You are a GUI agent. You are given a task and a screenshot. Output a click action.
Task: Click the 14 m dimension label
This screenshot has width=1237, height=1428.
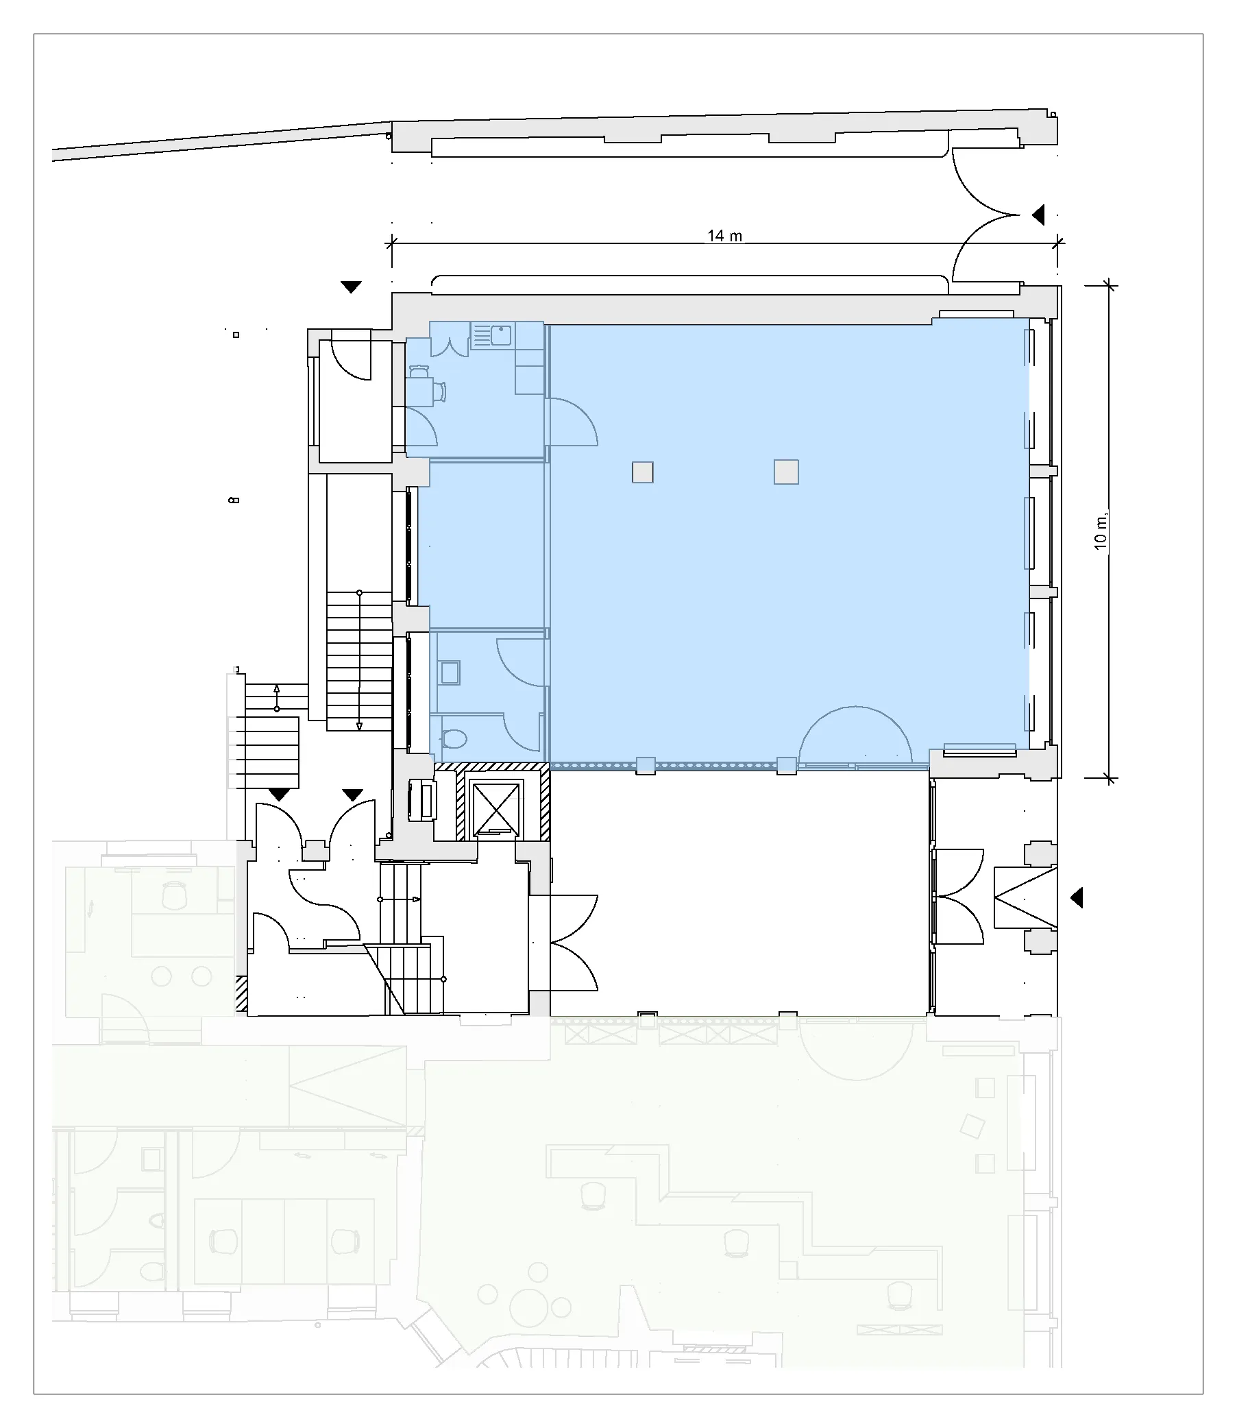[x=724, y=236]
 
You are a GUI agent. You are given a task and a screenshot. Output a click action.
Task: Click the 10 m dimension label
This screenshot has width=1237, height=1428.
[x=1101, y=531]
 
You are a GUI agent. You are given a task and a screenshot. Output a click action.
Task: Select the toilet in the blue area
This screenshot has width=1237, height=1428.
[x=454, y=740]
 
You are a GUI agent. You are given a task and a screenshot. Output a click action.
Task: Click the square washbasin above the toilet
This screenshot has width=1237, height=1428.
[x=450, y=673]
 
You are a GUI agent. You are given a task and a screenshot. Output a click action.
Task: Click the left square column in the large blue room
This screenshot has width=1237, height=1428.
[x=643, y=472]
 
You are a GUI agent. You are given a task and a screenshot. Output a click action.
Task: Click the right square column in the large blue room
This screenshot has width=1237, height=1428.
[x=786, y=472]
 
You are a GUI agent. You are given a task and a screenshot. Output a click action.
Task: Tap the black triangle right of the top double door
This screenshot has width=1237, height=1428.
[x=1038, y=215]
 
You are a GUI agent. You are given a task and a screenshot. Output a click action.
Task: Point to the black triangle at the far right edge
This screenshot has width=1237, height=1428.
[x=1076, y=897]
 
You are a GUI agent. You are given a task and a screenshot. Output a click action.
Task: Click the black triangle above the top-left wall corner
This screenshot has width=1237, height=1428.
[x=352, y=287]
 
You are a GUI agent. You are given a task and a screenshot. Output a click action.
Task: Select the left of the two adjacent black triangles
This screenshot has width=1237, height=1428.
[x=278, y=795]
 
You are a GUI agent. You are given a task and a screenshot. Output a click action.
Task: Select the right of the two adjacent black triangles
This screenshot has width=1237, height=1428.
[x=353, y=795]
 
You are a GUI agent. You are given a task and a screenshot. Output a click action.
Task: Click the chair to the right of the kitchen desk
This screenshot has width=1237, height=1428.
[x=440, y=391]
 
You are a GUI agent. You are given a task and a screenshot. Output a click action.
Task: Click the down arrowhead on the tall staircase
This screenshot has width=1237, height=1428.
[x=359, y=726]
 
